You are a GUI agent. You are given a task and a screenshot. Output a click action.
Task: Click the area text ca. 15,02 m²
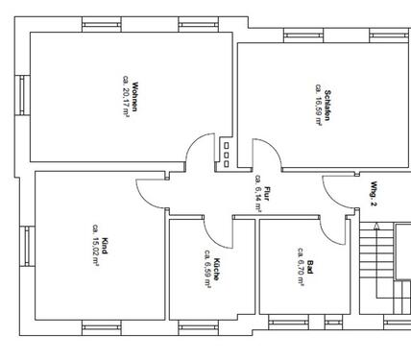tap(94, 243)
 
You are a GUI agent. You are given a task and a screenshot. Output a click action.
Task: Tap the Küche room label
tap(217, 270)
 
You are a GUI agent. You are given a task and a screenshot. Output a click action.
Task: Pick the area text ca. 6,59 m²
tap(206, 270)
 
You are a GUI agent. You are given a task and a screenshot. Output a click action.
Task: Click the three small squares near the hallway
tap(226, 153)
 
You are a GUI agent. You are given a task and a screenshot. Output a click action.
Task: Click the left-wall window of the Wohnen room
tap(21, 96)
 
